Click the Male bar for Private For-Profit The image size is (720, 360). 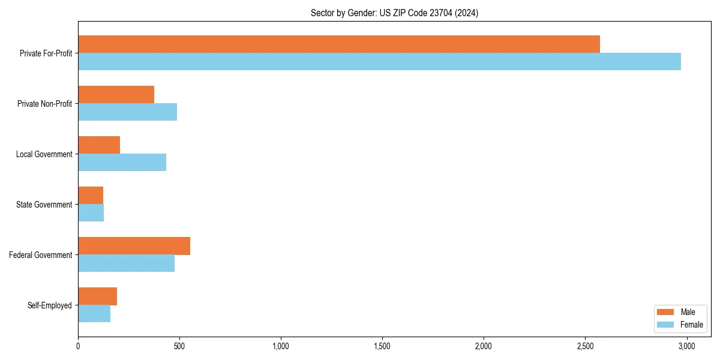click(x=339, y=44)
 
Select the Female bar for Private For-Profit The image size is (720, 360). click(x=379, y=61)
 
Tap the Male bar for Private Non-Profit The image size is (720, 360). click(x=116, y=94)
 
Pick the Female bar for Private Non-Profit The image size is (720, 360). click(x=127, y=112)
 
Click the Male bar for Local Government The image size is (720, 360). click(x=99, y=145)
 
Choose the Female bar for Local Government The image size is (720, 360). click(x=122, y=162)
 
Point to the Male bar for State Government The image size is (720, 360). click(x=91, y=195)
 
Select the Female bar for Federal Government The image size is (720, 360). click(x=126, y=263)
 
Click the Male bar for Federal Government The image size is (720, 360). click(x=134, y=245)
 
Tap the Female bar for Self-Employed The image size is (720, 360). click(x=94, y=313)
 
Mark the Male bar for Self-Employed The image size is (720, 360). click(x=97, y=296)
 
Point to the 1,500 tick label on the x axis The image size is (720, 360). click(x=382, y=346)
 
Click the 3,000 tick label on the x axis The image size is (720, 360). click(x=686, y=346)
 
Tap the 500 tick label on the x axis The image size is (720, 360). click(x=179, y=346)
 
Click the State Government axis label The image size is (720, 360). click(x=44, y=205)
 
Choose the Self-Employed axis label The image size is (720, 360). click(x=50, y=305)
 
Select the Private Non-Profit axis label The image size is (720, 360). click(x=44, y=104)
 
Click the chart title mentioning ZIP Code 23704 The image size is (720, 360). click(x=394, y=13)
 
